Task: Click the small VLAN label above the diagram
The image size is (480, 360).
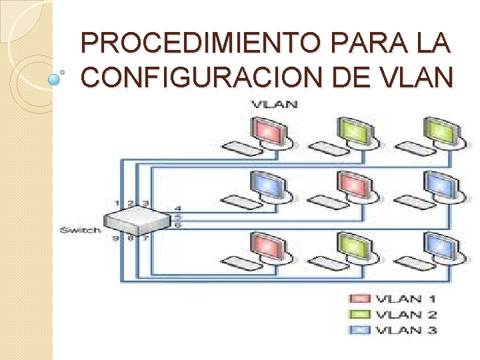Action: pos(274,104)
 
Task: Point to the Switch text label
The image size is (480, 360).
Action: pos(80,230)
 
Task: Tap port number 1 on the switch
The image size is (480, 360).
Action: pos(117,203)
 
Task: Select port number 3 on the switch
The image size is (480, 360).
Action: pos(145,203)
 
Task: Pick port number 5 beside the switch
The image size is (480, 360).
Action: pos(178,217)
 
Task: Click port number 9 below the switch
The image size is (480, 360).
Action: pos(115,238)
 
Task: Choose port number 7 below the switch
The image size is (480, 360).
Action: pos(145,238)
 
